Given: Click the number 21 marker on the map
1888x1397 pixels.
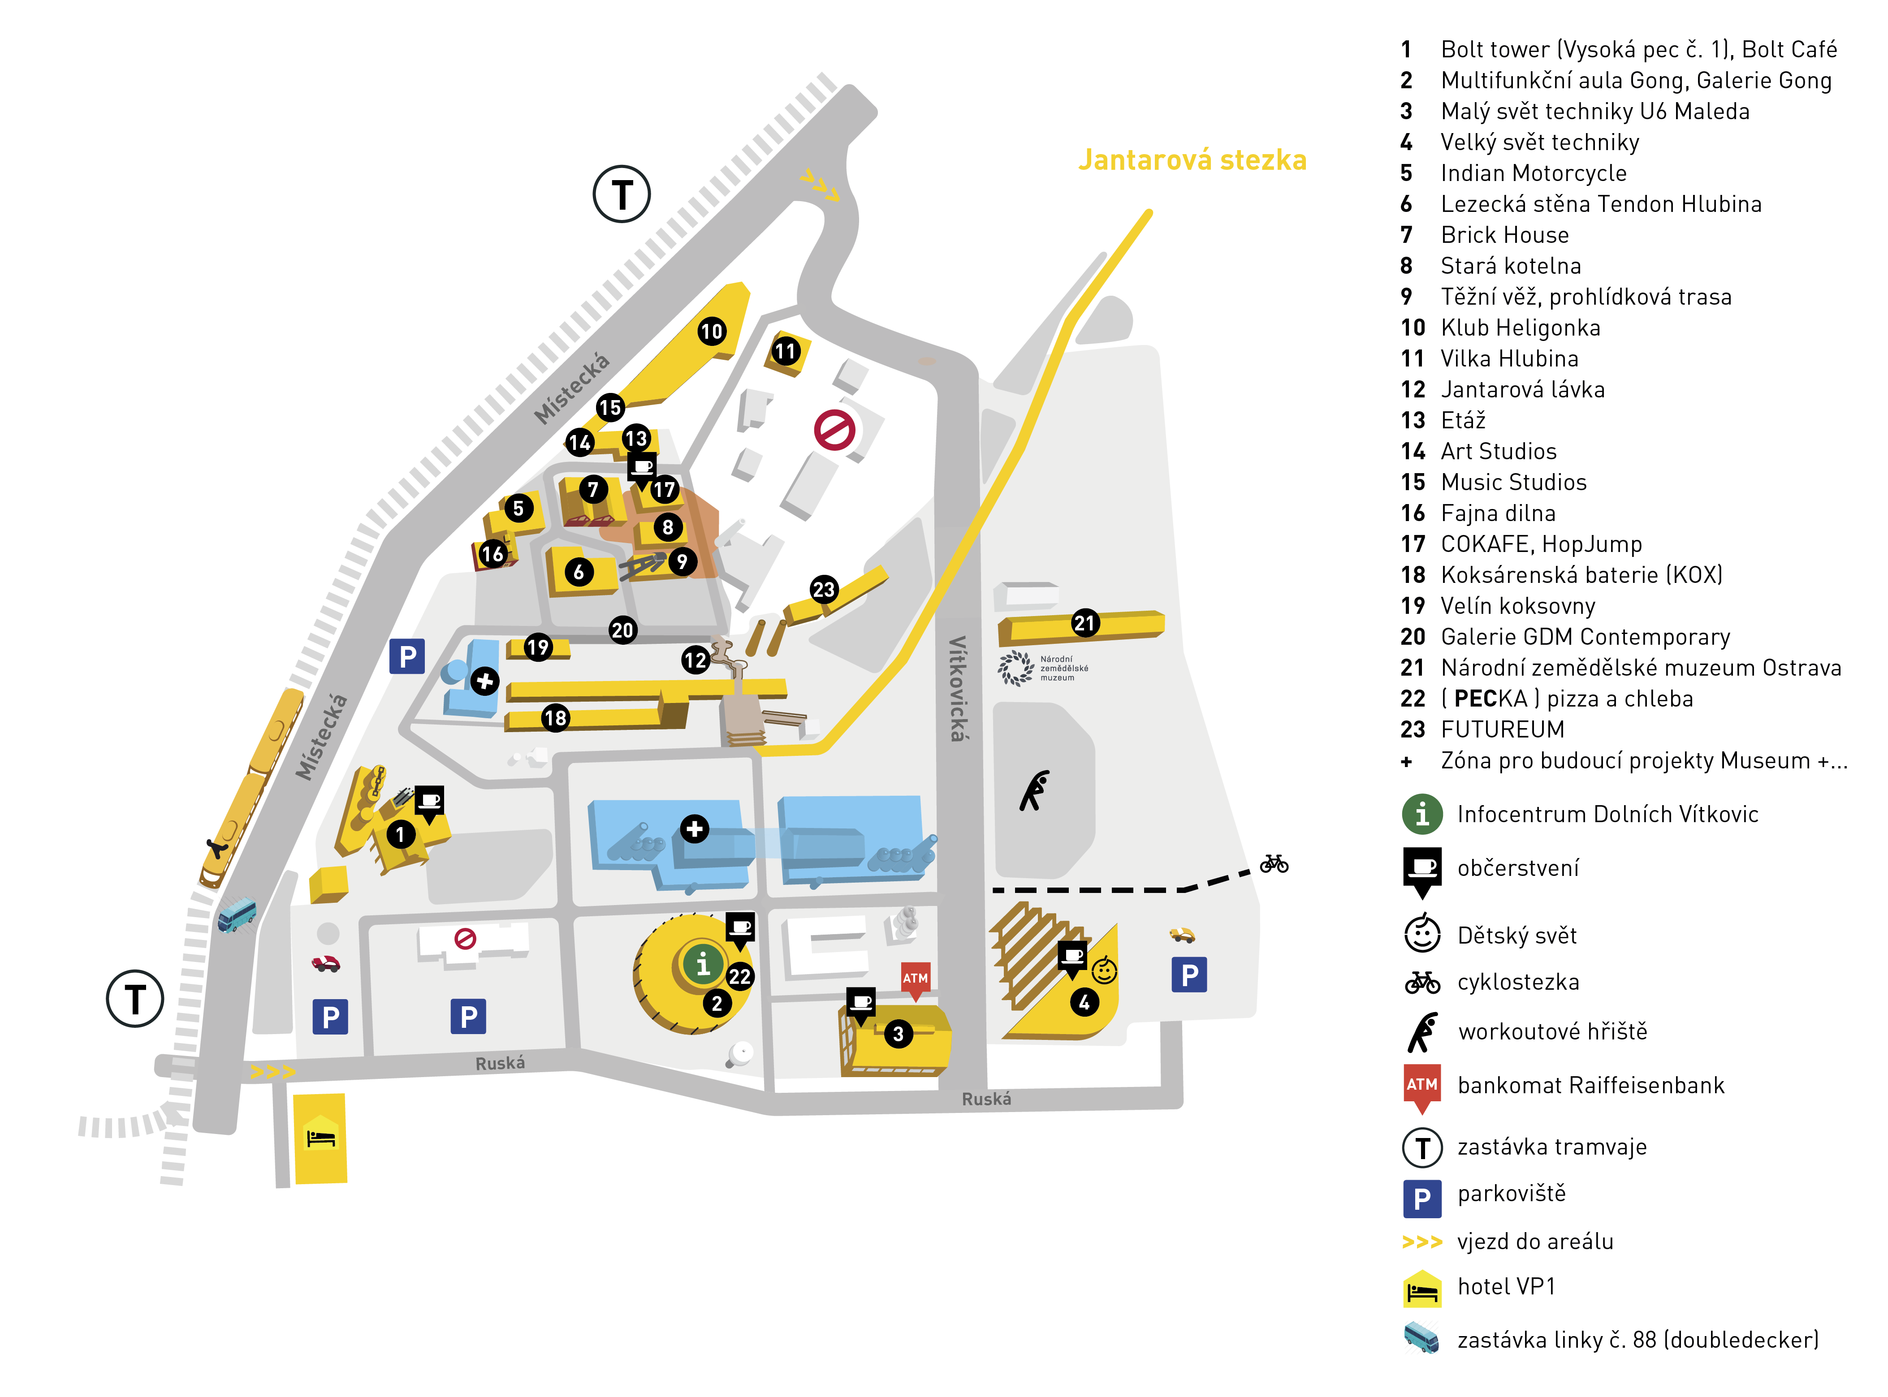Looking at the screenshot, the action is pyautogui.click(x=1084, y=623).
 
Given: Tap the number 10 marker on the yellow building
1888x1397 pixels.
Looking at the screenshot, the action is pyautogui.click(x=711, y=331).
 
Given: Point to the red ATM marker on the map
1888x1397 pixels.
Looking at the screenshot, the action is pyautogui.click(x=915, y=981).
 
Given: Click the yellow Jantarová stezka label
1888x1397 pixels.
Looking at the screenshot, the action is pyautogui.click(x=1192, y=160).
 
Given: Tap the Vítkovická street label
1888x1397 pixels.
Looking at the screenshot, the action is pyautogui.click(x=958, y=688).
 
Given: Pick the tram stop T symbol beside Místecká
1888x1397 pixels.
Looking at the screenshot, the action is pyautogui.click(x=622, y=194).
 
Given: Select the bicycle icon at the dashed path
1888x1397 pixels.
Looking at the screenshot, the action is pyautogui.click(x=1274, y=863).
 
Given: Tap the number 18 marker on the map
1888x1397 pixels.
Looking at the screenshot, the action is pyautogui.click(x=555, y=718).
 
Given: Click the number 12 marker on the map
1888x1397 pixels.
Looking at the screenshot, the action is pyautogui.click(x=696, y=660).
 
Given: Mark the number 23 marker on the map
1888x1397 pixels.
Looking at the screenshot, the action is pyautogui.click(x=823, y=590).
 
